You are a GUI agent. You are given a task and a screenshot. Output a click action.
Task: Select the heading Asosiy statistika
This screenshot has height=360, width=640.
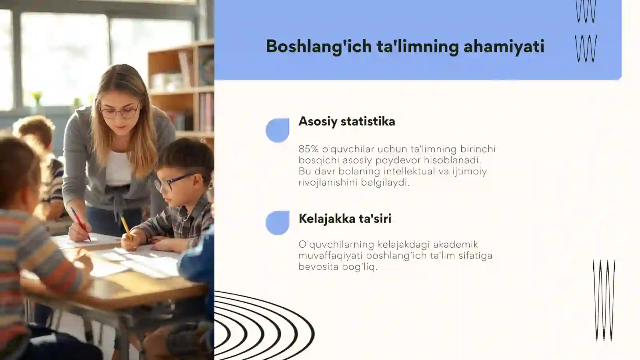346,122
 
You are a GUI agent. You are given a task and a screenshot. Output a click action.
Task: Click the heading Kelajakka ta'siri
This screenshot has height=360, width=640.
345,219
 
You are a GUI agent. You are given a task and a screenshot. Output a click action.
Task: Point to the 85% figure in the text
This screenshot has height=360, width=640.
308,149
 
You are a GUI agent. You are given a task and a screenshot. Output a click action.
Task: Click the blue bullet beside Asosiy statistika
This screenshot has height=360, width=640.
278,130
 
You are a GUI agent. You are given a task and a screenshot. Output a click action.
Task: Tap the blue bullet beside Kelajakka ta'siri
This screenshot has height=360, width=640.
278,222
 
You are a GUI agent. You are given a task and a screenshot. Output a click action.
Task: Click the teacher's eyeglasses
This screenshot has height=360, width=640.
120,111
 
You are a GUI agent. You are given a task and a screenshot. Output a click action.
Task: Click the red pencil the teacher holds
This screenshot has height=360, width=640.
80,224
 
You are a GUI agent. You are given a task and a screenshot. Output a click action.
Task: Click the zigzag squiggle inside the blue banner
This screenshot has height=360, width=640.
586,48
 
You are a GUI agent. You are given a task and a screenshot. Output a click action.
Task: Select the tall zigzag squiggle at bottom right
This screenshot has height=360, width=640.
604,300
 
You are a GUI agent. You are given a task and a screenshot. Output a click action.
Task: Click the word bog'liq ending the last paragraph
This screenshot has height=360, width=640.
360,267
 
